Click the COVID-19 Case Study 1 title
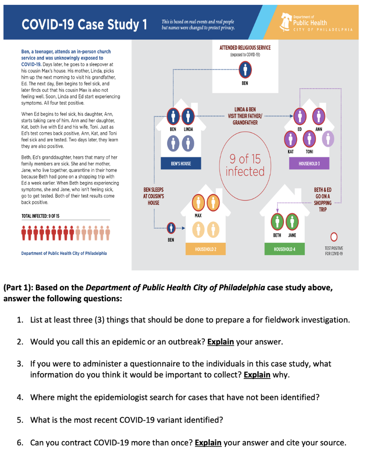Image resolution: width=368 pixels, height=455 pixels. (x=84, y=24)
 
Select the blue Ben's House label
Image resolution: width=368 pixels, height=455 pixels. (x=181, y=164)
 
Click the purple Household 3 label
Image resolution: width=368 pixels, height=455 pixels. (x=309, y=164)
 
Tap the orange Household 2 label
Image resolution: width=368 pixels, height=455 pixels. (x=205, y=249)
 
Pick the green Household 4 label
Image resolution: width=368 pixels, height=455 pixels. (x=284, y=249)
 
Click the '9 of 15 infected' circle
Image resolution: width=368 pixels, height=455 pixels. (x=244, y=165)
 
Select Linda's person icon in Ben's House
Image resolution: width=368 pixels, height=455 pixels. (x=188, y=116)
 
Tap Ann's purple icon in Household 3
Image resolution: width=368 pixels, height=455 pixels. (x=318, y=116)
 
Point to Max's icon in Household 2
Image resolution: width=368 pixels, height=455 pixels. (x=198, y=203)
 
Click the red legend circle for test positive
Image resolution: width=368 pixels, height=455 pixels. (x=333, y=236)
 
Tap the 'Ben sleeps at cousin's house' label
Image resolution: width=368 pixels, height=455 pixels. (x=153, y=196)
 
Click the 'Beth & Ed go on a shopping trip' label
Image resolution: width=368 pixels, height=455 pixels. (x=323, y=200)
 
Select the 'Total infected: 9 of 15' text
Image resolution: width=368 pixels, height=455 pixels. (x=40, y=216)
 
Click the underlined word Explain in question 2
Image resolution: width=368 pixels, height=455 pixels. (x=220, y=342)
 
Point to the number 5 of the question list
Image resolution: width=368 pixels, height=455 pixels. (x=20, y=419)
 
